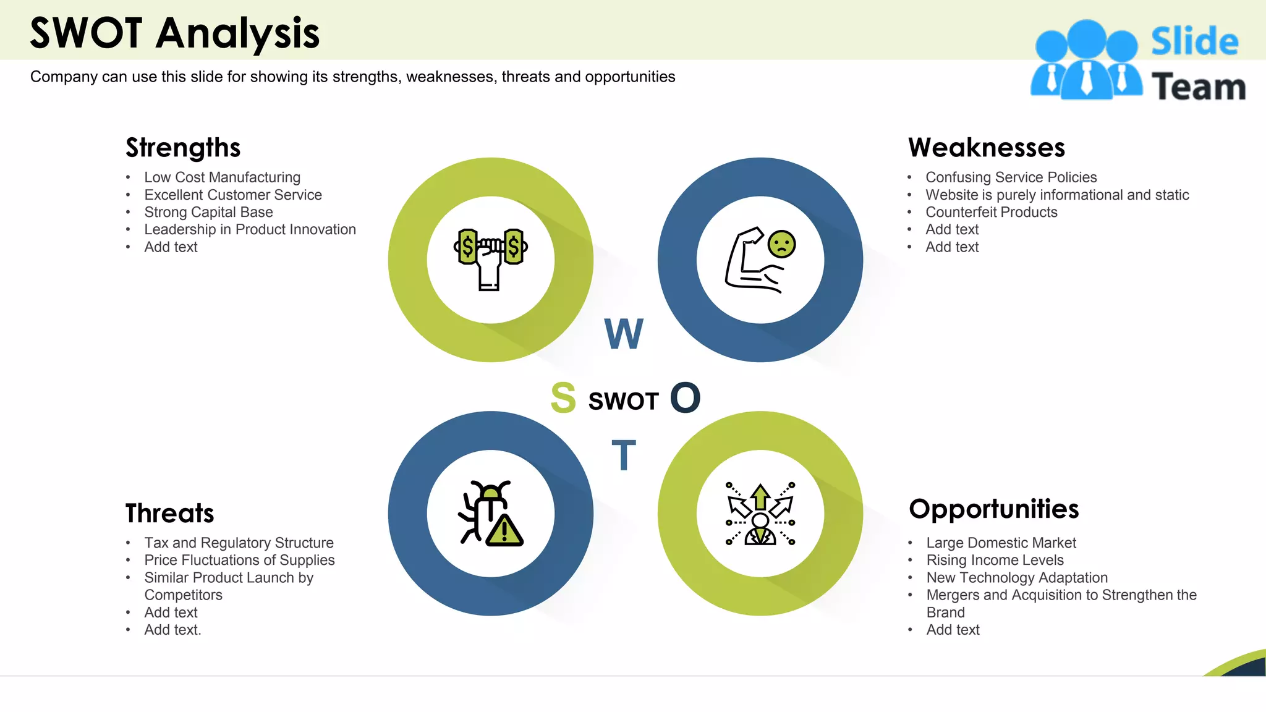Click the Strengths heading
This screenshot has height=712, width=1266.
tap(183, 148)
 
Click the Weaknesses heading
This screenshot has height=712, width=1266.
tap(987, 148)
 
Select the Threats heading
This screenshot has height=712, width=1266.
tap(169, 514)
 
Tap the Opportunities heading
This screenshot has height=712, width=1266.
tap(993, 509)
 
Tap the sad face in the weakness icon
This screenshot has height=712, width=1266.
tap(781, 244)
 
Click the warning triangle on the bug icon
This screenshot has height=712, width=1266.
tap(505, 530)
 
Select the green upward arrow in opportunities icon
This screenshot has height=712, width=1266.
tap(760, 497)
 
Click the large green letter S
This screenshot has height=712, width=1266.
tap(563, 398)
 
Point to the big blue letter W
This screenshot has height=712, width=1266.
tap(624, 334)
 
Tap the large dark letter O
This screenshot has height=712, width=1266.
tap(685, 398)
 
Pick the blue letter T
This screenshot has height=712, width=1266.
tap(624, 456)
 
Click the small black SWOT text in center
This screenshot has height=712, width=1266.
tap(623, 402)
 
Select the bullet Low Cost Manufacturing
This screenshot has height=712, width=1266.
tap(222, 177)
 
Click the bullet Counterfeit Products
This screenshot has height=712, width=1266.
tap(991, 212)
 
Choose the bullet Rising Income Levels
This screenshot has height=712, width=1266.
tap(995, 560)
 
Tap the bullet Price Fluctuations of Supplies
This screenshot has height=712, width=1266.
tap(239, 560)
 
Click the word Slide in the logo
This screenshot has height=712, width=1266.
tap(1194, 42)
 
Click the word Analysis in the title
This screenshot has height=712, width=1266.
tap(237, 33)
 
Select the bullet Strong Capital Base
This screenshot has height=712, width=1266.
tap(208, 212)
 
